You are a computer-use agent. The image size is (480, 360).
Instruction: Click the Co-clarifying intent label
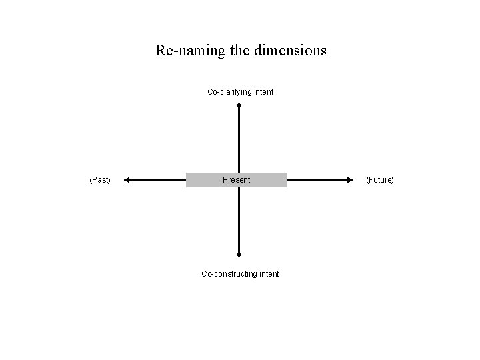[240, 91]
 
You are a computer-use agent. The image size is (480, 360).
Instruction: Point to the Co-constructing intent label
[240, 273]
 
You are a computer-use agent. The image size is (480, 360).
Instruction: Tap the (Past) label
[100, 180]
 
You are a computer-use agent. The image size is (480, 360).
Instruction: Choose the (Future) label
[380, 180]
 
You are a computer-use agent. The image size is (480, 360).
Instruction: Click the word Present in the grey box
[237, 180]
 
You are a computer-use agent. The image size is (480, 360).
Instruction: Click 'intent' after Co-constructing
[268, 273]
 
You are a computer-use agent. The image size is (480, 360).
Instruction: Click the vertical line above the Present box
[239, 140]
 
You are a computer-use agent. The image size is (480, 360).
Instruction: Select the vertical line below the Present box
[239, 220]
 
